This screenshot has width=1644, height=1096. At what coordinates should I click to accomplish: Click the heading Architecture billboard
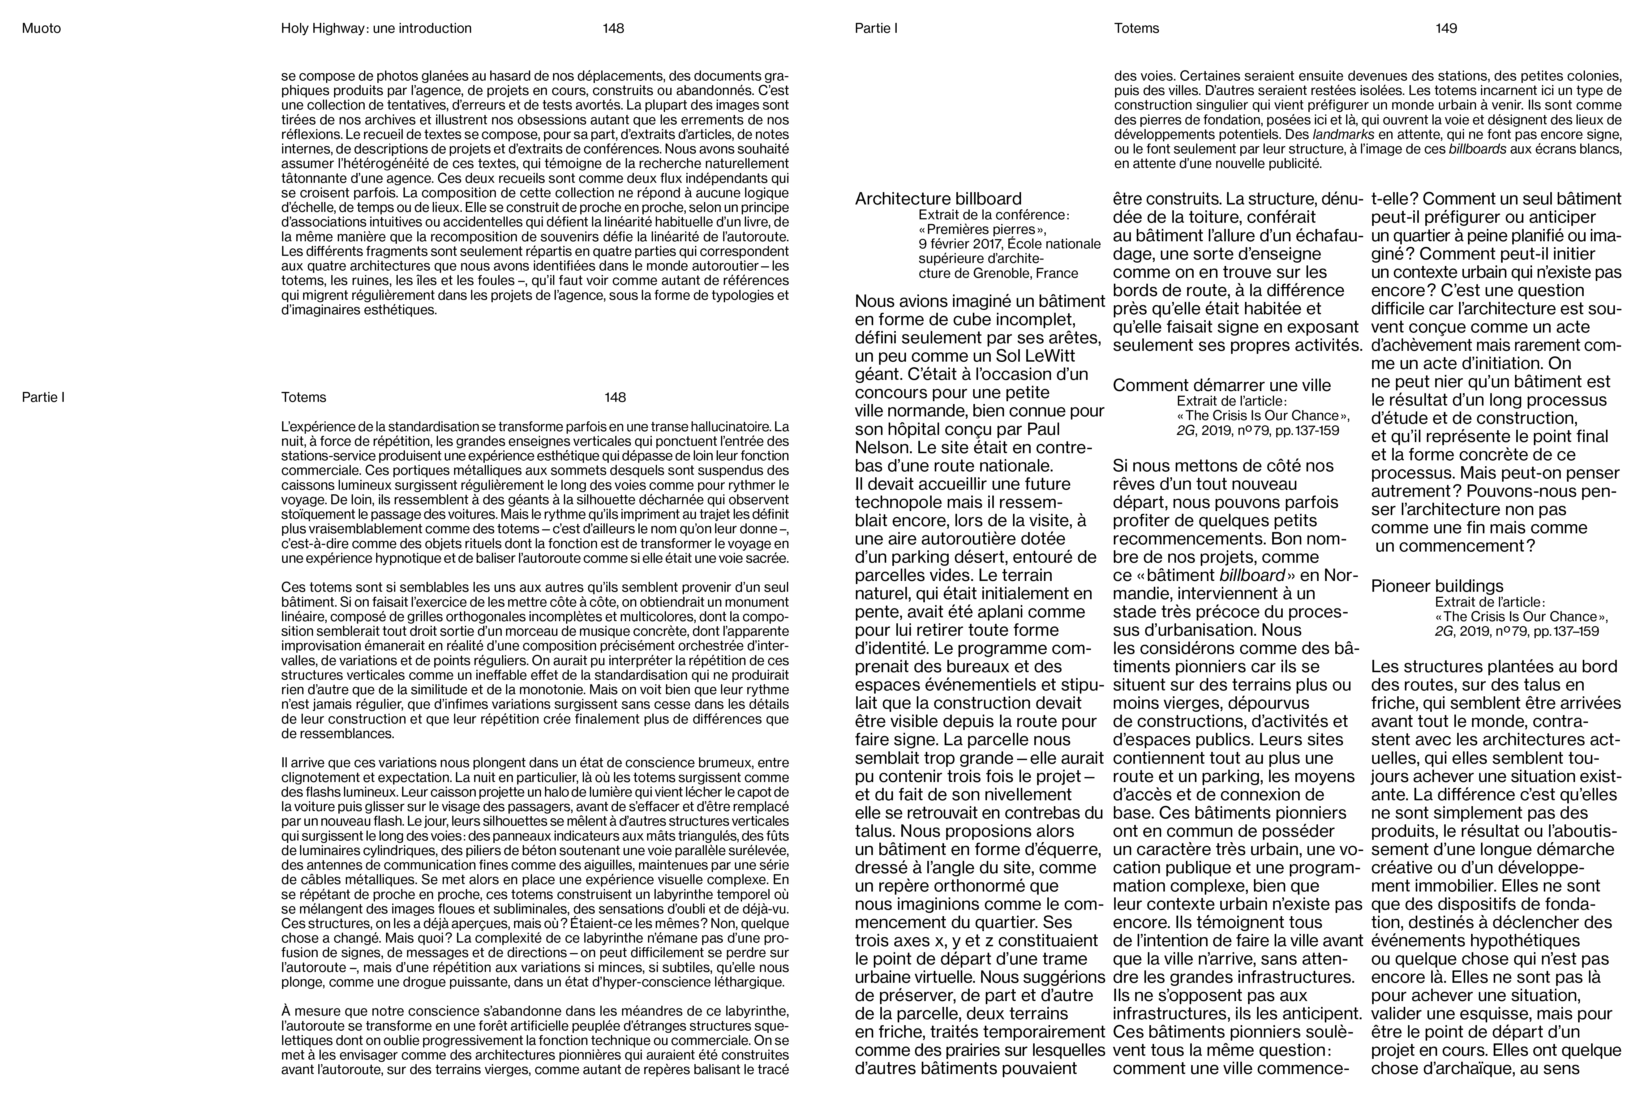point(938,199)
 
